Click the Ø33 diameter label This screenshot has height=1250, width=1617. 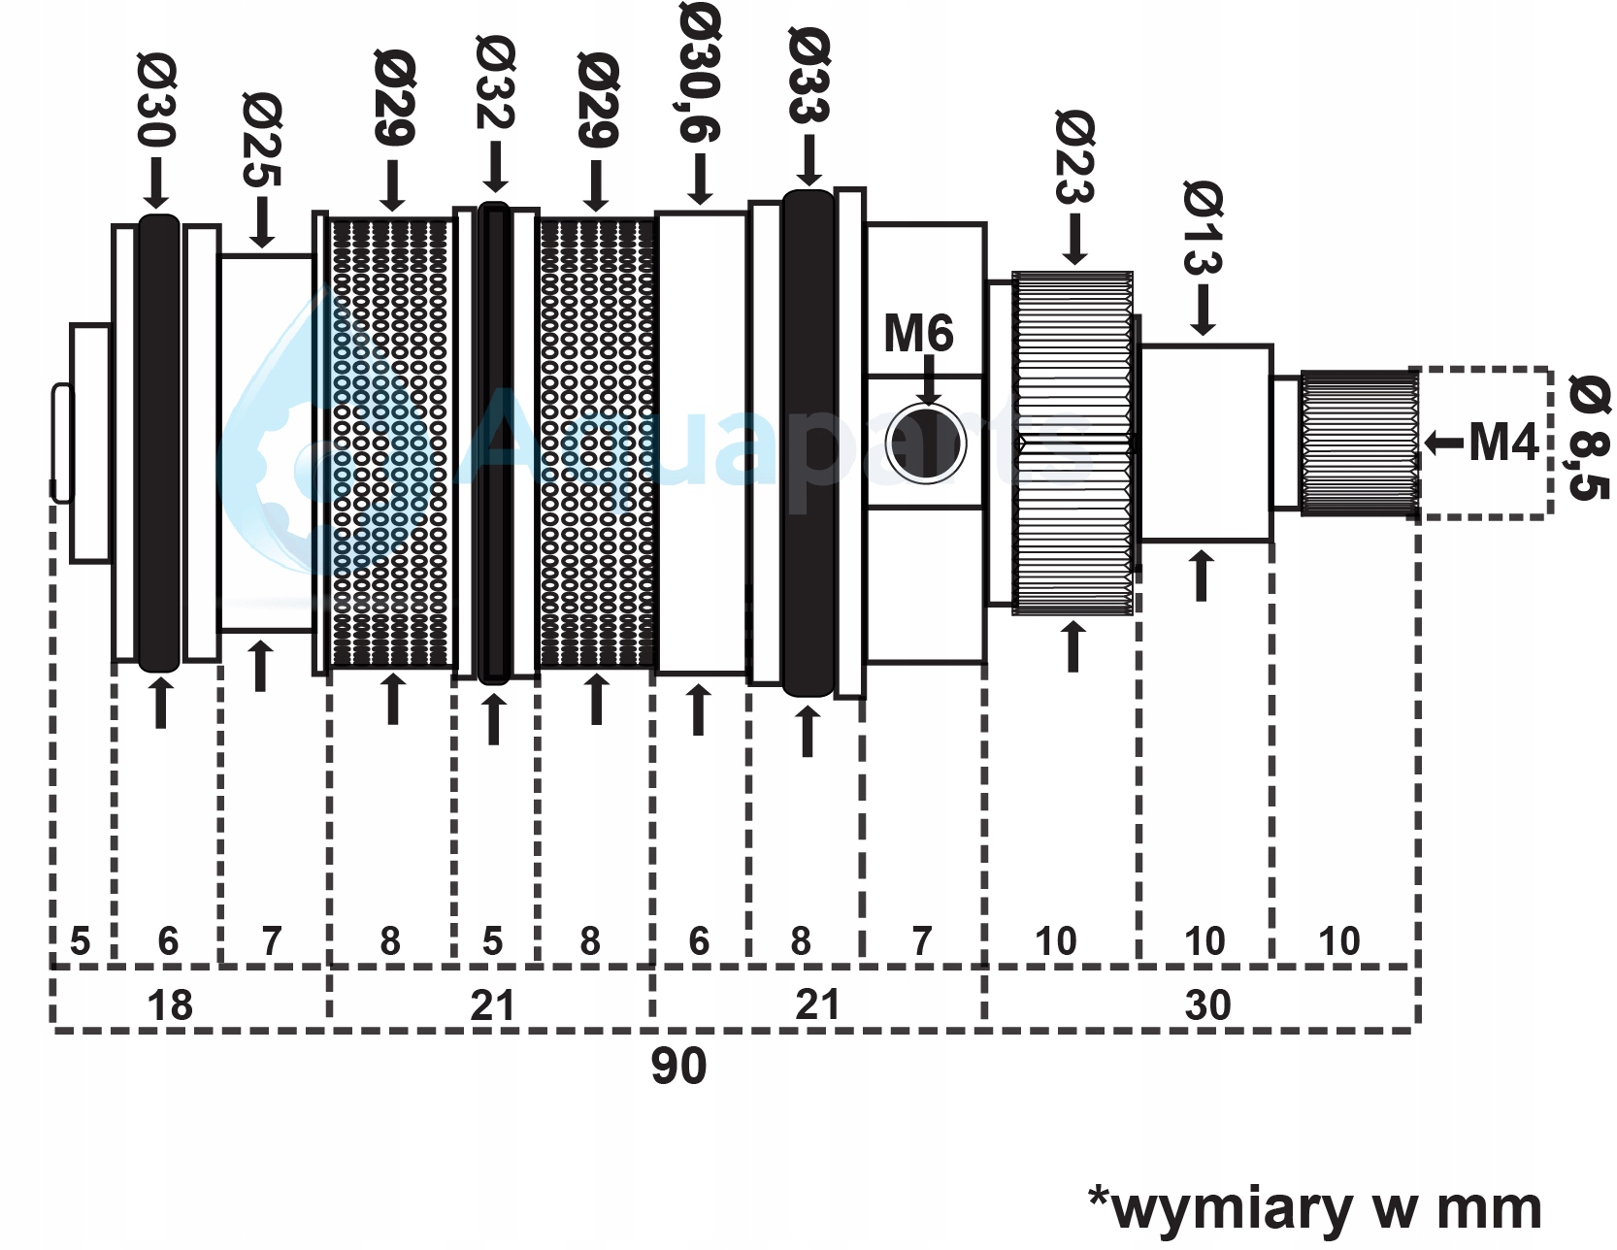[809, 76]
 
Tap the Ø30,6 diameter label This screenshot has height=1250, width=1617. [700, 73]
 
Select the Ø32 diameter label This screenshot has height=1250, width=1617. [495, 82]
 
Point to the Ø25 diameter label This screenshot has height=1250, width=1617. [262, 139]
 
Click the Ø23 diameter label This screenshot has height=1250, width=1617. [1074, 155]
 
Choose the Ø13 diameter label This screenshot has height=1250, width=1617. [1204, 227]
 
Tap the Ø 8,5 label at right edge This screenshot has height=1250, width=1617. [1589, 437]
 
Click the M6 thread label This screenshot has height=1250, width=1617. [918, 334]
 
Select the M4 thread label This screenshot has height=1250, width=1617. [1503, 443]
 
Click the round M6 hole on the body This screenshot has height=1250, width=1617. [926, 444]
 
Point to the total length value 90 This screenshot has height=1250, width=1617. [678, 1066]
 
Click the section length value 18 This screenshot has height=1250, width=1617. [170, 1005]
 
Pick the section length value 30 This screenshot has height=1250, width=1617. [1207, 1005]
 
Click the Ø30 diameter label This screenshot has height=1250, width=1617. [157, 100]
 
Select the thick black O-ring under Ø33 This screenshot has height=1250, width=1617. [808, 444]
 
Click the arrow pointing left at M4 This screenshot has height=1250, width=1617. [1443, 444]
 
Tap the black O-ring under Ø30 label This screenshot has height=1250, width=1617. [158, 444]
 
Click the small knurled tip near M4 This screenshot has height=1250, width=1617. [1358, 444]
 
